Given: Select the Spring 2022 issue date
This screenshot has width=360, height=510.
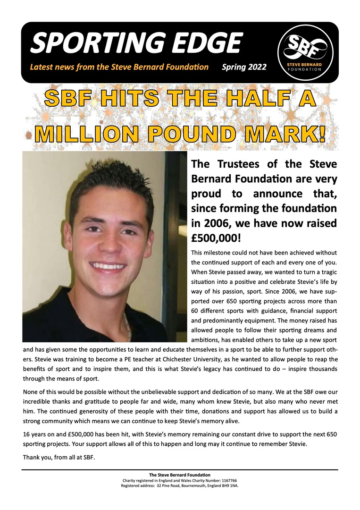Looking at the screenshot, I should click(244, 67).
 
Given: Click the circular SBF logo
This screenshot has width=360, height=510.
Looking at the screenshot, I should click(305, 52).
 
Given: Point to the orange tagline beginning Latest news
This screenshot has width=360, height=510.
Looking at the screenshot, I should click(119, 67).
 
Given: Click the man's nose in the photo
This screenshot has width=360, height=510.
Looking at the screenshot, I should click(109, 246).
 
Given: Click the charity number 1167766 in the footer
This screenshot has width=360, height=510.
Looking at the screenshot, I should click(229, 480).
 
